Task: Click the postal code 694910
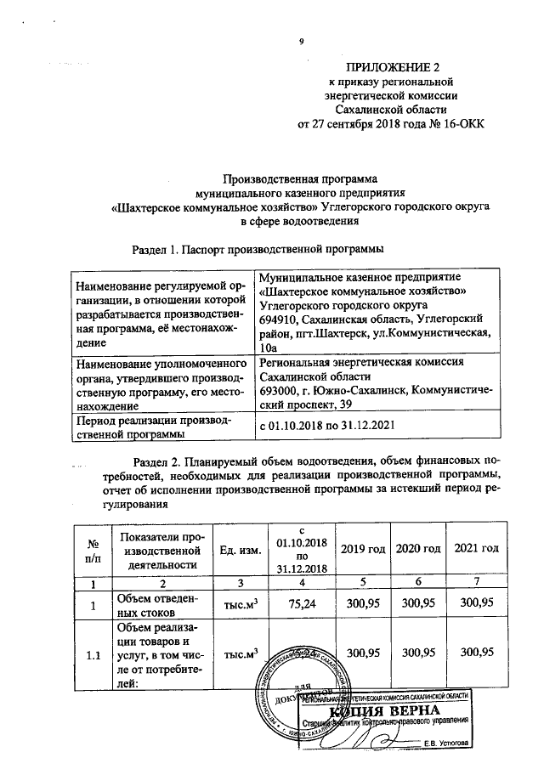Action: coord(282,319)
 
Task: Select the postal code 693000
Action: coord(282,391)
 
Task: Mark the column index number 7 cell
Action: coord(477,583)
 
